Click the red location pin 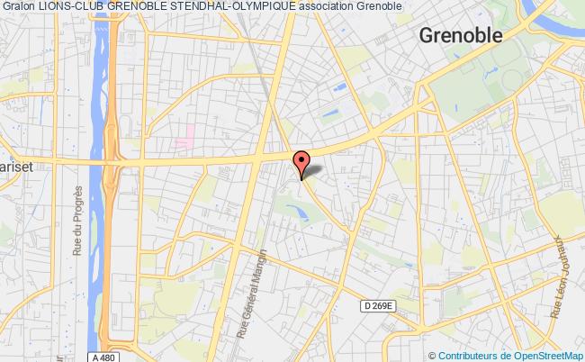301,159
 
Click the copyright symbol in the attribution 433,355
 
